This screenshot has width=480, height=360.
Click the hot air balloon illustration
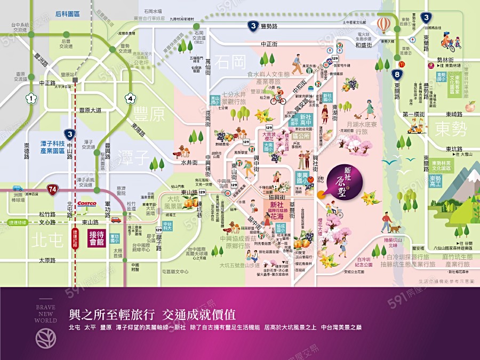[x=383, y=25]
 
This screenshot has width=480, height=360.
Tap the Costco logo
[x=87, y=204]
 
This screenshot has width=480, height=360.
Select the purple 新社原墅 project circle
[x=352, y=178]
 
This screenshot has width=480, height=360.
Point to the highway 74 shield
[x=52, y=189]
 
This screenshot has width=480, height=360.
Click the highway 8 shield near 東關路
[x=396, y=75]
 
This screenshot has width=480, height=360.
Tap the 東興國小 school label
[x=302, y=178]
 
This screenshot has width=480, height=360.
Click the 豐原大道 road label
[x=91, y=111]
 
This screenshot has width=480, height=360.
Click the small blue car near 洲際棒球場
[x=17, y=188]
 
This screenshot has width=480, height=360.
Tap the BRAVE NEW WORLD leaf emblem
[x=45, y=337]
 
